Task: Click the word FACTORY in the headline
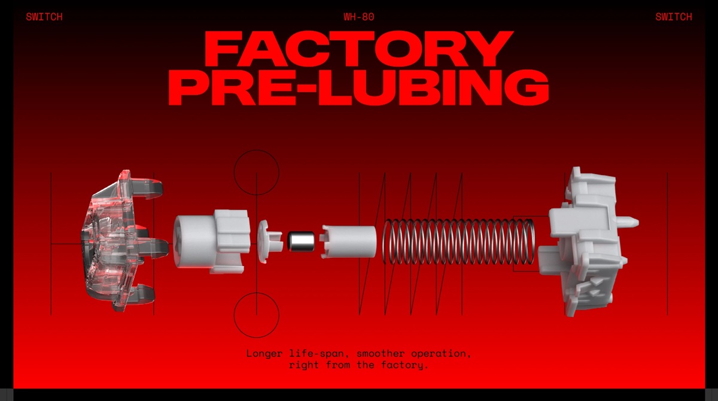[359, 48]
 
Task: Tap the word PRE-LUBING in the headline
[358, 87]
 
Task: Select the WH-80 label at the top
[359, 17]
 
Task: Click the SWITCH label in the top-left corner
[44, 17]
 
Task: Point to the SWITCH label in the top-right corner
[674, 17]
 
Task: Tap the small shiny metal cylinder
[300, 241]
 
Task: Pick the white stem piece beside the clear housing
[212, 241]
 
